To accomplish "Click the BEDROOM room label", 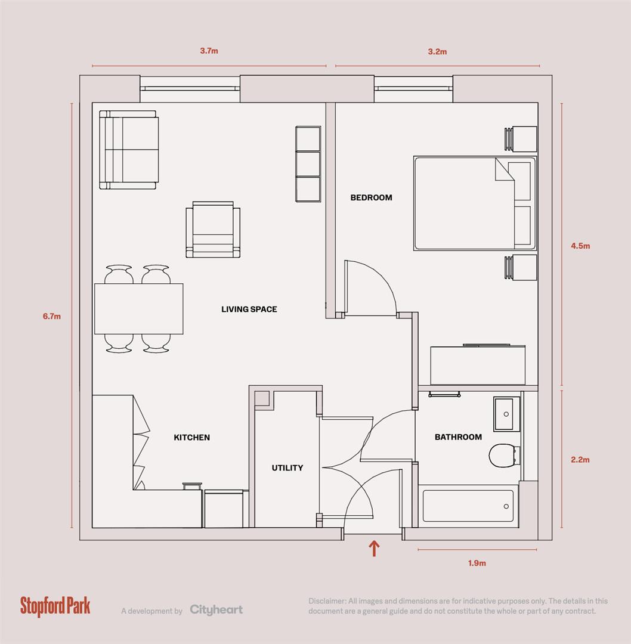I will [x=371, y=197].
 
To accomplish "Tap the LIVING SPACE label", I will [x=249, y=309].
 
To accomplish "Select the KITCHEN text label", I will [x=191, y=437].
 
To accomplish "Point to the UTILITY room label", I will [x=287, y=468].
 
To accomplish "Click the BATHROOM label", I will [x=458, y=437].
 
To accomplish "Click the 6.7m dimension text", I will [x=51, y=317].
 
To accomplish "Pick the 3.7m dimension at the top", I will [x=209, y=51].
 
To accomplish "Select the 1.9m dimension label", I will [x=477, y=563].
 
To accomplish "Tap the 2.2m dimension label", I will [x=580, y=460].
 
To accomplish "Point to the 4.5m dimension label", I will [x=580, y=246].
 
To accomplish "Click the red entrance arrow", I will [x=374, y=548].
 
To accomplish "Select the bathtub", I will [x=468, y=506].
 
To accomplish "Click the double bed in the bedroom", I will [x=474, y=203].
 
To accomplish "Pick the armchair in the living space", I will [x=212, y=230].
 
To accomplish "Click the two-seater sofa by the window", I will [x=129, y=150].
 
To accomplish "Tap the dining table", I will [x=138, y=308].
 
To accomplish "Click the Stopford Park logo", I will [x=55, y=606].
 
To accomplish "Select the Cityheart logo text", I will [x=216, y=609].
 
